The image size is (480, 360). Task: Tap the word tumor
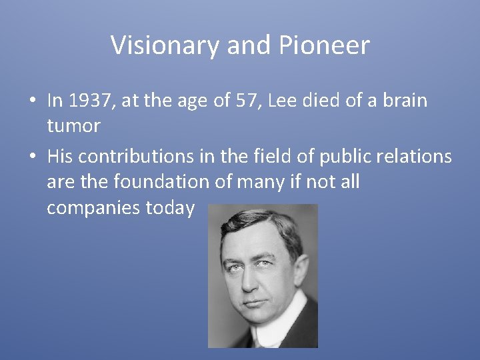tap(73, 125)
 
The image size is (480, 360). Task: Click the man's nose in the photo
tap(251, 281)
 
